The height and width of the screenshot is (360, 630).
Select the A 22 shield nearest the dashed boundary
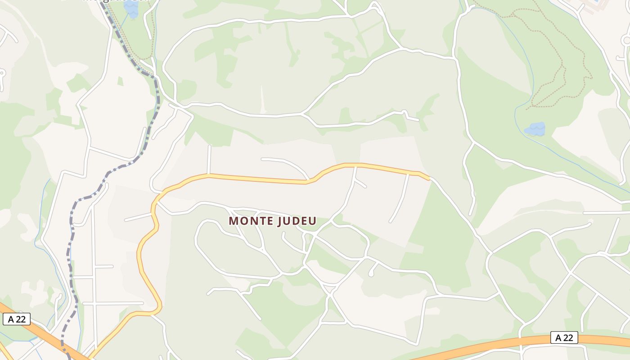point(17,319)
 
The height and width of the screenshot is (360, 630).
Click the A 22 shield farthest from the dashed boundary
point(564,338)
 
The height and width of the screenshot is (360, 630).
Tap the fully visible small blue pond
point(535,129)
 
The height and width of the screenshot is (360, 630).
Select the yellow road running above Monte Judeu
point(261,179)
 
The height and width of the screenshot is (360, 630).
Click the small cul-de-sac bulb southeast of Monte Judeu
point(371,273)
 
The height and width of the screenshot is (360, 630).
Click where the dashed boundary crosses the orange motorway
point(64,348)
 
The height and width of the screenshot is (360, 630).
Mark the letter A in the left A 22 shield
point(11,319)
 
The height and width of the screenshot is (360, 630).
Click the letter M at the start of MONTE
point(233,221)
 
